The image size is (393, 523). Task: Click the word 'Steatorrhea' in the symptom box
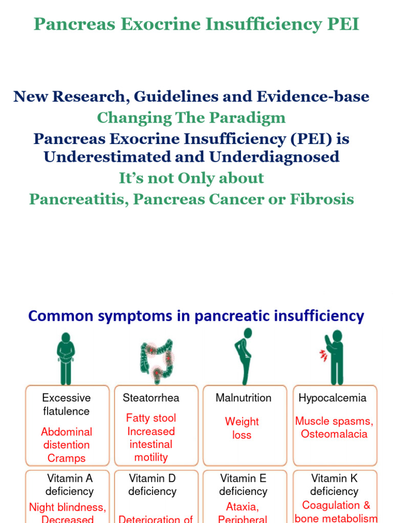[151, 398]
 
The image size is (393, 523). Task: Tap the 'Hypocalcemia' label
[333, 398]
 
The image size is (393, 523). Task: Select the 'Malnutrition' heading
[244, 398]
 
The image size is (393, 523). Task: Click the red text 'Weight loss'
[242, 428]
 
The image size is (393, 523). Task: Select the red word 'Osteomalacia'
[334, 434]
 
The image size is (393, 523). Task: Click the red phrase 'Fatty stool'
[151, 418]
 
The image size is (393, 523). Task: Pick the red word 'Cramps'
[67, 458]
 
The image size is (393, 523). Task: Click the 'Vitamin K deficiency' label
[334, 485]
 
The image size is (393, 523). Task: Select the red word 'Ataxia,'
[243, 507]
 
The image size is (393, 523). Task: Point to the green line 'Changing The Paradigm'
[191, 117]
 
